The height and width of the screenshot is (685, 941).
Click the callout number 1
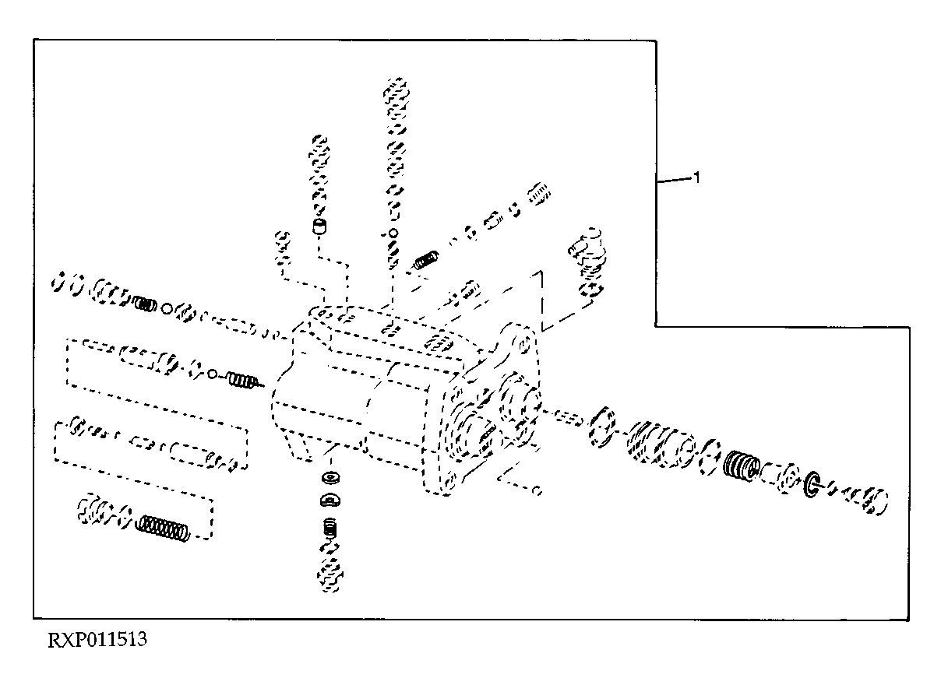point(696,178)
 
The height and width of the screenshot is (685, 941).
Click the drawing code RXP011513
point(97,640)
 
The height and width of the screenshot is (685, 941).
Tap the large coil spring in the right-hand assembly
point(742,465)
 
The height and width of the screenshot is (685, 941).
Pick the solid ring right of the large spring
point(811,485)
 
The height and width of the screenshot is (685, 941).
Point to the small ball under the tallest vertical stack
point(393,233)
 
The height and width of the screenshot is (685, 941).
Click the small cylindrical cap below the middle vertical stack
point(320,227)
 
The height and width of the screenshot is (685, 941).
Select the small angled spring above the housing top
point(426,259)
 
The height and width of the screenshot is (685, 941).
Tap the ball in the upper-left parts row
point(167,309)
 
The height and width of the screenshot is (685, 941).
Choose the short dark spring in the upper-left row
point(145,304)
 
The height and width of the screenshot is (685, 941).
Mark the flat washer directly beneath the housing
point(330,477)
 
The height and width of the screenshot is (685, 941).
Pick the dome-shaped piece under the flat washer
point(330,500)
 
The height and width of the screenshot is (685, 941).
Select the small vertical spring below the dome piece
point(331,528)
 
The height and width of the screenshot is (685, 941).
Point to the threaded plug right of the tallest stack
point(539,194)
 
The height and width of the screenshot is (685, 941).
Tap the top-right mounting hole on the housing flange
point(523,345)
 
